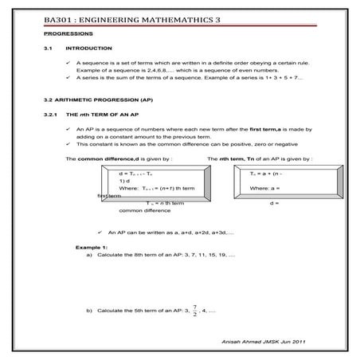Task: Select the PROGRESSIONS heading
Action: click(68, 34)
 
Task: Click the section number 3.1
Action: click(48, 49)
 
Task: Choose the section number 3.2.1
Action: click(50, 116)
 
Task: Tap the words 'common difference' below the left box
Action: click(140, 211)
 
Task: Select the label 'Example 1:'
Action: click(92, 248)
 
